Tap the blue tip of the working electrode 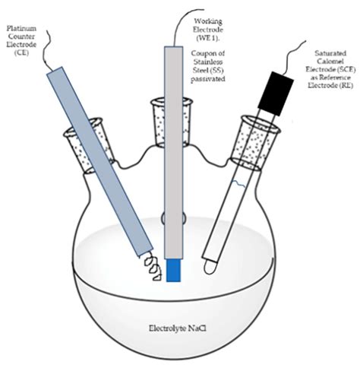175,269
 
